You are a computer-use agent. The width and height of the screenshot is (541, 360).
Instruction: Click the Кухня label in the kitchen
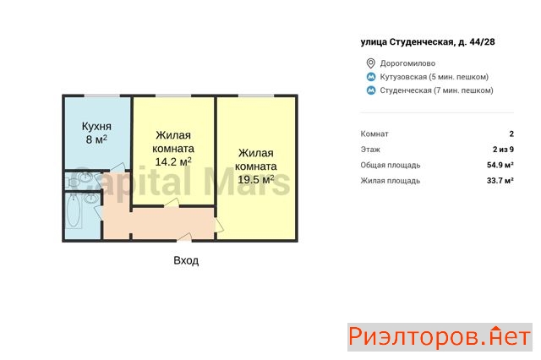pos(96,126)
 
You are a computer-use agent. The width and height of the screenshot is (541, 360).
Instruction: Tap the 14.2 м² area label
pos(173,161)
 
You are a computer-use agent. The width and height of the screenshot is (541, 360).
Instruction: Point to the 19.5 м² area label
pos(255,179)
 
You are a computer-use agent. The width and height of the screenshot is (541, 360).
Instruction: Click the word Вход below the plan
pos(186,260)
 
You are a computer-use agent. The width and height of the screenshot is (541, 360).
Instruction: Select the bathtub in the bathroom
pos(74,212)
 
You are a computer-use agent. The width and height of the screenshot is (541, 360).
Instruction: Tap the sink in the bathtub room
pos(90,199)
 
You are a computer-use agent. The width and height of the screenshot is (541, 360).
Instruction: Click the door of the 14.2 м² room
pos(172,203)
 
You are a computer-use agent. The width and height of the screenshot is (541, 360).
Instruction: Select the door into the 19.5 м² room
pos(219,225)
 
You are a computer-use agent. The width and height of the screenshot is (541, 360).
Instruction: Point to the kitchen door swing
pos(118,166)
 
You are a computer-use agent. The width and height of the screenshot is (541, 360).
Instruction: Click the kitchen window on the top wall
pos(102,95)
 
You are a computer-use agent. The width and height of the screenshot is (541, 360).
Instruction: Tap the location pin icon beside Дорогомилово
pos(370,63)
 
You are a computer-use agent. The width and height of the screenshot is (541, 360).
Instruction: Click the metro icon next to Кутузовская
pos(371,77)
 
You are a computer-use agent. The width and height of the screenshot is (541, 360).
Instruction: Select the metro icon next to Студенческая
pos(371,90)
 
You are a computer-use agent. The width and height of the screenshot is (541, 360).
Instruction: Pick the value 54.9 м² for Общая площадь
pos(500,165)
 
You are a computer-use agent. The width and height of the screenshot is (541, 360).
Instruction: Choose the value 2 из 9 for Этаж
pos(503,150)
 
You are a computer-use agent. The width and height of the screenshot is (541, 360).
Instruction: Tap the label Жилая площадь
pos(391,181)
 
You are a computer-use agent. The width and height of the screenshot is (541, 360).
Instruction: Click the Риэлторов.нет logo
pos(440,337)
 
